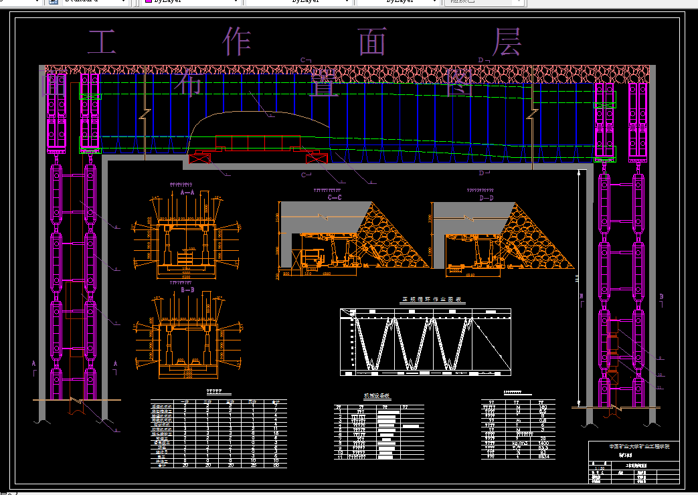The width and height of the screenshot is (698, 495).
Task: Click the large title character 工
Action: point(102,42)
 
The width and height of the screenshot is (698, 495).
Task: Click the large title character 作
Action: point(237,42)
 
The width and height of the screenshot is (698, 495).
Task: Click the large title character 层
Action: point(507,42)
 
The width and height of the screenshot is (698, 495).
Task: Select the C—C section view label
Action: point(335,198)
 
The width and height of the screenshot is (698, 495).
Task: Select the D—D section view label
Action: point(487,198)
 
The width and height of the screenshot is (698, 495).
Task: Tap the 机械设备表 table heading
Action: point(375,395)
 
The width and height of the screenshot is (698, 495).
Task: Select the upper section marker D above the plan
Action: point(481,60)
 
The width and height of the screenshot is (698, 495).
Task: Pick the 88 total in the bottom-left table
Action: point(275,465)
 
